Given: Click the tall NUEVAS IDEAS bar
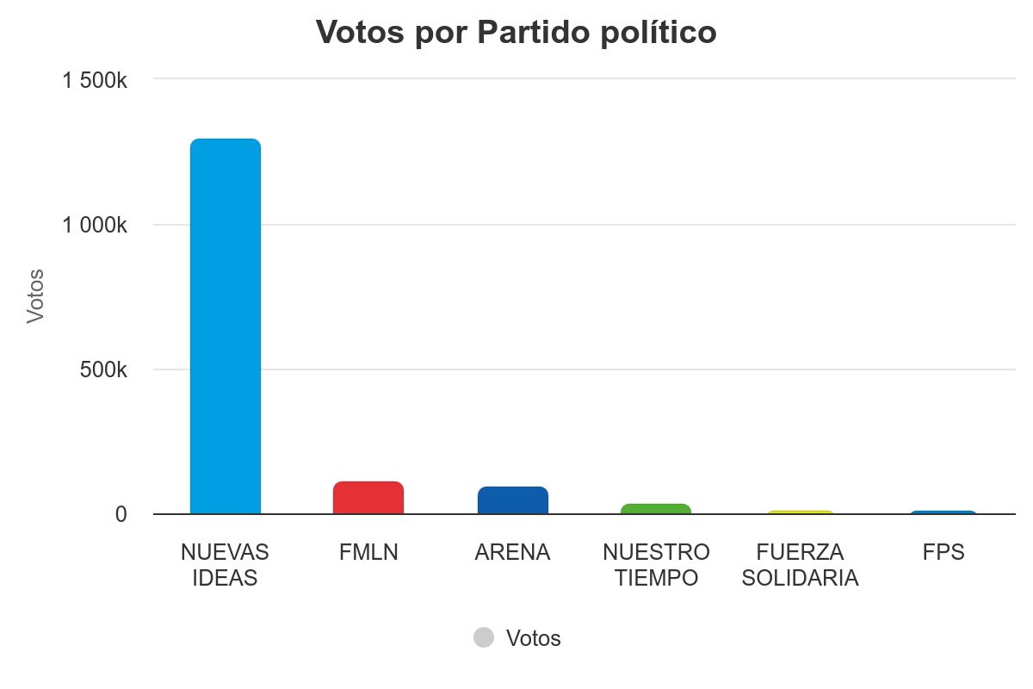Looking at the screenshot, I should click(x=225, y=327).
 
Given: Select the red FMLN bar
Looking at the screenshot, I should click(x=368, y=498).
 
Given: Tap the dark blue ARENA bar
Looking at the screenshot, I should click(x=512, y=500).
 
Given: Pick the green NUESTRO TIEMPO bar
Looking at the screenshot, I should click(x=656, y=509).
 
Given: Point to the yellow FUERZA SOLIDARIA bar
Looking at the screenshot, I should click(x=801, y=512).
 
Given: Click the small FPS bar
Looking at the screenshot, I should click(x=943, y=512).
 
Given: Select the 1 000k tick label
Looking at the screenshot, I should click(x=95, y=226).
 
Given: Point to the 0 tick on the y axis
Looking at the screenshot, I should click(x=121, y=514).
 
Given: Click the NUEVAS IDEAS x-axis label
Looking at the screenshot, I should click(x=225, y=565).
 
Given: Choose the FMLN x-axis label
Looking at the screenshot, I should click(x=368, y=552).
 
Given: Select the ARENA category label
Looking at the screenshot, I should click(x=512, y=552).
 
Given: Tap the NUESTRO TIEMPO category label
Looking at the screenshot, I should click(x=656, y=565).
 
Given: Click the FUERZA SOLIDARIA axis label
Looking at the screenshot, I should click(x=801, y=565).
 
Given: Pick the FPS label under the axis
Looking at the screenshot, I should click(x=943, y=552).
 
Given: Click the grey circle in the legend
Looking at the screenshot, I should click(x=484, y=637).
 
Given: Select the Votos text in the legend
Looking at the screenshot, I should click(x=533, y=638).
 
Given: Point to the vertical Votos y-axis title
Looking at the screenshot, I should click(x=35, y=296).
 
